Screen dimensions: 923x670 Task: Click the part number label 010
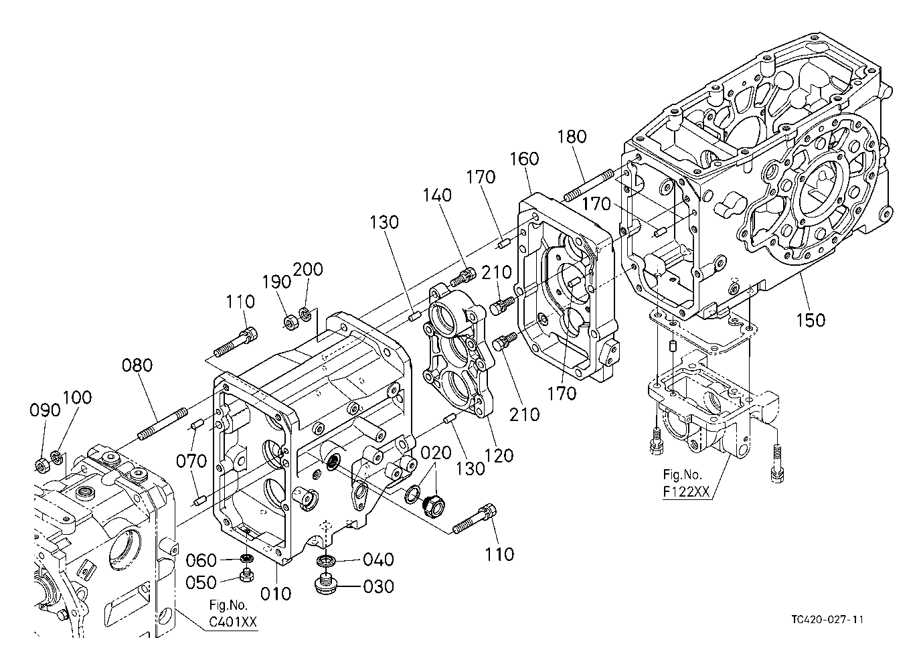point(276,594)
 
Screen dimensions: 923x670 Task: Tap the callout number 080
point(137,365)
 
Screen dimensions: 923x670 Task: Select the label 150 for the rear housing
point(810,320)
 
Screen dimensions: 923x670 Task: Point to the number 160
point(525,159)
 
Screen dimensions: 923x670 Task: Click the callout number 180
point(572,137)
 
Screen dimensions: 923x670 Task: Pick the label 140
point(437,195)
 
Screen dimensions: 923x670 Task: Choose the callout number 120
point(499,456)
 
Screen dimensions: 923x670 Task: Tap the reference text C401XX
point(233,622)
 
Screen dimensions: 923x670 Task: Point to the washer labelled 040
point(325,560)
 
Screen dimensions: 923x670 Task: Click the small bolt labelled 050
point(246,574)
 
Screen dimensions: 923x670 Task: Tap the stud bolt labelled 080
point(163,424)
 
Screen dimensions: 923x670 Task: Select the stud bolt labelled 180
point(589,186)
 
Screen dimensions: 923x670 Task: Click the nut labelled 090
point(41,465)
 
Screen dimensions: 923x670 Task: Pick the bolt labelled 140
point(463,277)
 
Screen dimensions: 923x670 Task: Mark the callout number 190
point(276,282)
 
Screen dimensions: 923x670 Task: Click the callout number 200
point(308,270)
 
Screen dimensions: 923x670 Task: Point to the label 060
point(201,560)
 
